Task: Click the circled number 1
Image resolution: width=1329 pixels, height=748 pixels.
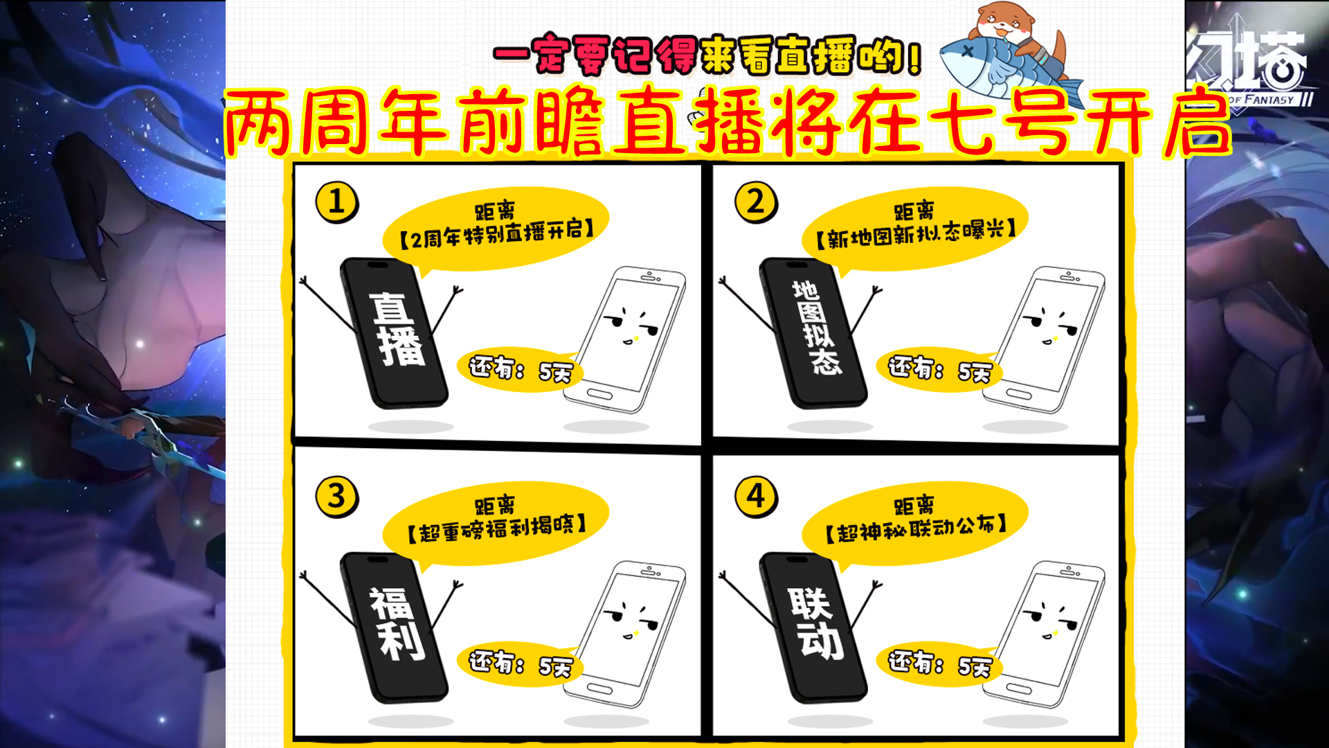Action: tap(336, 202)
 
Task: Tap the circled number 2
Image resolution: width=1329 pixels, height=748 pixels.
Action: tap(756, 202)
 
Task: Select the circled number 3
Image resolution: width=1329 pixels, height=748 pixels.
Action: tap(336, 497)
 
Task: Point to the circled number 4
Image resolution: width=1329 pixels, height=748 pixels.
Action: tap(756, 497)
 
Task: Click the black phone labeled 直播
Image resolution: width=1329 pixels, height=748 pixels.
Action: tap(395, 333)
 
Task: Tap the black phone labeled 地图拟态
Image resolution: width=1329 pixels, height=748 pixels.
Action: tap(814, 333)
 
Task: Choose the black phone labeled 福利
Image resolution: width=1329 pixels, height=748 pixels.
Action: tap(395, 627)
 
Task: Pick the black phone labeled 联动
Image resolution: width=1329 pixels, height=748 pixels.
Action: tap(814, 627)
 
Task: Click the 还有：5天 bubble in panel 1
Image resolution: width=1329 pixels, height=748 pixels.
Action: tap(519, 369)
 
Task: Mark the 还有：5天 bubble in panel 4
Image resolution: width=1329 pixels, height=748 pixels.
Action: tap(939, 664)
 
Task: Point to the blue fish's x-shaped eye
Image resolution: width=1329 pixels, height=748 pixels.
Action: tap(967, 51)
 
